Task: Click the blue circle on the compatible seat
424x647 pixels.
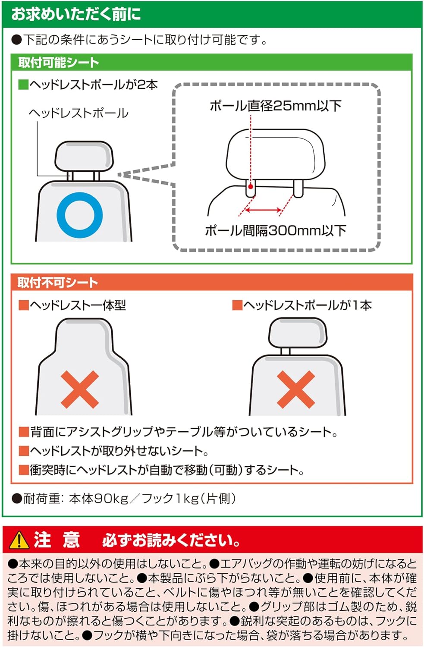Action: (x=80, y=215)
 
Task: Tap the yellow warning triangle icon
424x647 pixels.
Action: (x=19, y=540)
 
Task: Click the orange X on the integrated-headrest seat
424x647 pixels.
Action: (x=80, y=389)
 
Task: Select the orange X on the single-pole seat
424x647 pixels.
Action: (x=296, y=389)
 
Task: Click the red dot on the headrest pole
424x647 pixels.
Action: (x=250, y=187)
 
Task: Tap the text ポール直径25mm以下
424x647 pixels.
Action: (x=275, y=106)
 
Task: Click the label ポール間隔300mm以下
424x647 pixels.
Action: (x=275, y=231)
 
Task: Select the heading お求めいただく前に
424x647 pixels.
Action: (x=76, y=14)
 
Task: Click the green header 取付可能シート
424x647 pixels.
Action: (x=59, y=63)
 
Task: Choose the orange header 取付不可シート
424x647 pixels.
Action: (x=58, y=283)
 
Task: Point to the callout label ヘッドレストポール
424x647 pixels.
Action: (x=79, y=113)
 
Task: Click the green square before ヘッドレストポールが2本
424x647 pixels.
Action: (x=23, y=85)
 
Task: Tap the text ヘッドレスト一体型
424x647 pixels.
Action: (x=78, y=305)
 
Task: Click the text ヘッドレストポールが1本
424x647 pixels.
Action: (x=307, y=305)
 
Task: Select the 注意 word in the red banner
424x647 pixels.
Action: (x=57, y=540)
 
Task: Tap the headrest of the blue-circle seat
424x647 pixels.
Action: (x=84, y=156)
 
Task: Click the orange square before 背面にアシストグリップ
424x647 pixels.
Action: (x=24, y=432)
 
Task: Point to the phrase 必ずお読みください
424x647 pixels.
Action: (x=171, y=540)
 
